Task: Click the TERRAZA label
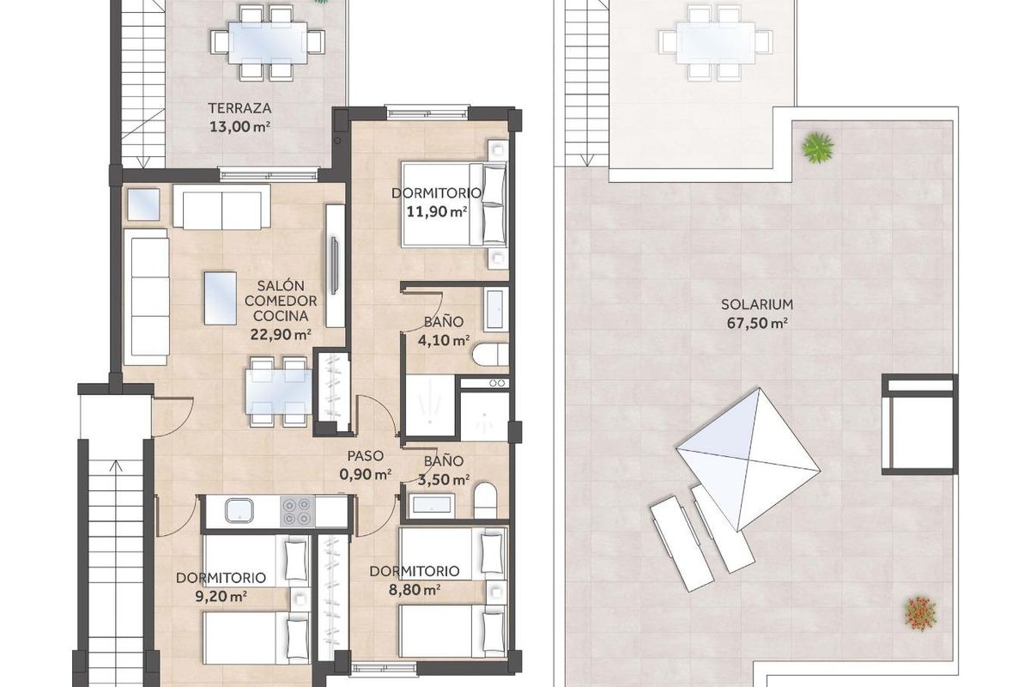tap(240, 109)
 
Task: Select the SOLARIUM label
tap(755, 304)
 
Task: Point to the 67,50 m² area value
tap(755, 323)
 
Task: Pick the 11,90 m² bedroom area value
tap(436, 210)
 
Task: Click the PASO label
tap(365, 456)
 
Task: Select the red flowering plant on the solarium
tap(919, 611)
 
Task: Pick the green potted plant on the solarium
tap(817, 147)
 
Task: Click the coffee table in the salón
tap(221, 297)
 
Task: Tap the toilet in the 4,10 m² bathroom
tap(493, 356)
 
